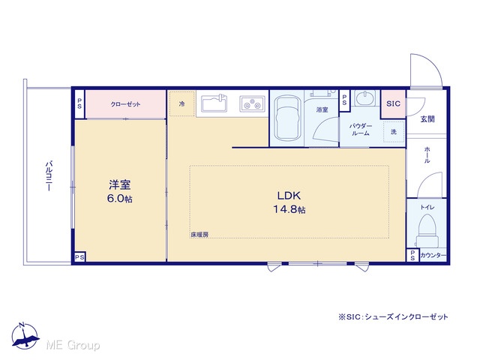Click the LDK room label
[x=289, y=202]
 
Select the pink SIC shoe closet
[x=393, y=104]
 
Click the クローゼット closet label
[x=125, y=104]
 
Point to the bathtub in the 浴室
[x=286, y=118]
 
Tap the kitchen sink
[x=214, y=103]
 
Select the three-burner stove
[x=252, y=103]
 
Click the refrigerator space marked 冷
[x=181, y=103]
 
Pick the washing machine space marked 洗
[x=394, y=132]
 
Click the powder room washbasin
[x=365, y=98]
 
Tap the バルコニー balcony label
[x=49, y=176]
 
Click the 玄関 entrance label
[x=427, y=118]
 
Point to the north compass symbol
[x=25, y=336]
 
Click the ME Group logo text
[x=73, y=345]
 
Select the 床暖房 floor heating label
[x=199, y=235]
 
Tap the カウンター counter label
[x=433, y=255]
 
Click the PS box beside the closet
[x=79, y=103]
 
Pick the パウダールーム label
[x=361, y=130]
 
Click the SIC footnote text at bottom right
[x=393, y=316]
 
